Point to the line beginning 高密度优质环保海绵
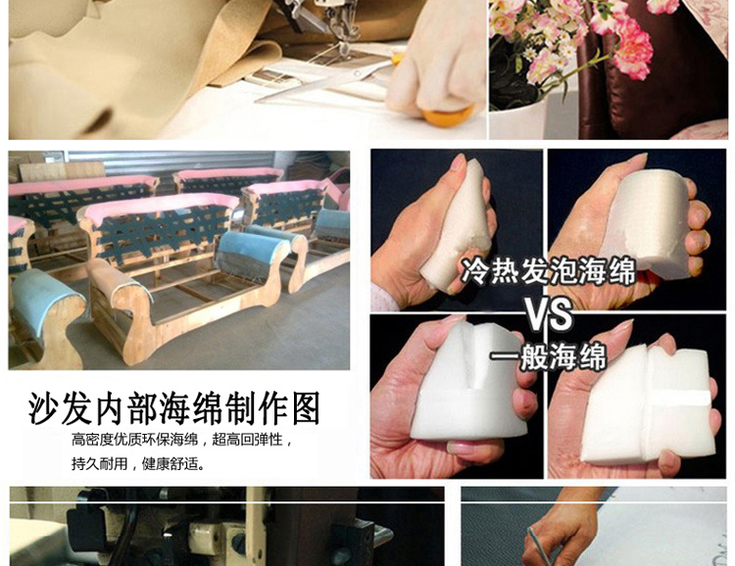coord(182,441)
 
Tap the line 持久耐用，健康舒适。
coord(138,463)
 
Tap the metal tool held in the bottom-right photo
coord(538,544)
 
